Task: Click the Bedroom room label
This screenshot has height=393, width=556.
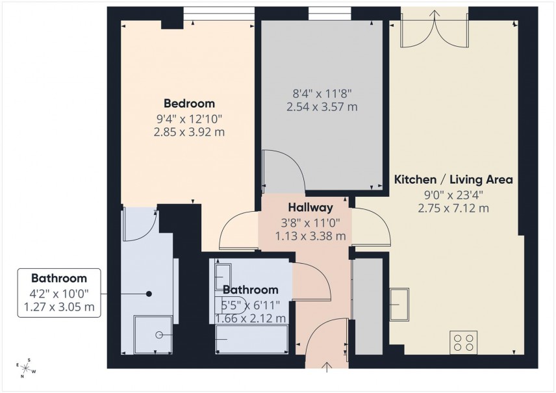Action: click(x=189, y=103)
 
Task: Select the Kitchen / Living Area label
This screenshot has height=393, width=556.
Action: click(x=454, y=179)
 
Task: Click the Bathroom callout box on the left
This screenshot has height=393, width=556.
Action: click(x=58, y=293)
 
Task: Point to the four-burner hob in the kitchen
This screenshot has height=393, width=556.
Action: click(x=463, y=342)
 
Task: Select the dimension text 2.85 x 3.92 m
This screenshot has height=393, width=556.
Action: click(x=189, y=132)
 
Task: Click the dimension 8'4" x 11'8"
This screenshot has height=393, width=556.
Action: click(x=322, y=93)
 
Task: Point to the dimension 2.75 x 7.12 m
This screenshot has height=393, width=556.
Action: click(x=454, y=209)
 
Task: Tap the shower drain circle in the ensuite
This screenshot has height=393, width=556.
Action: click(x=159, y=335)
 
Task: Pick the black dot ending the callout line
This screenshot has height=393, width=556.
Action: click(x=149, y=294)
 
